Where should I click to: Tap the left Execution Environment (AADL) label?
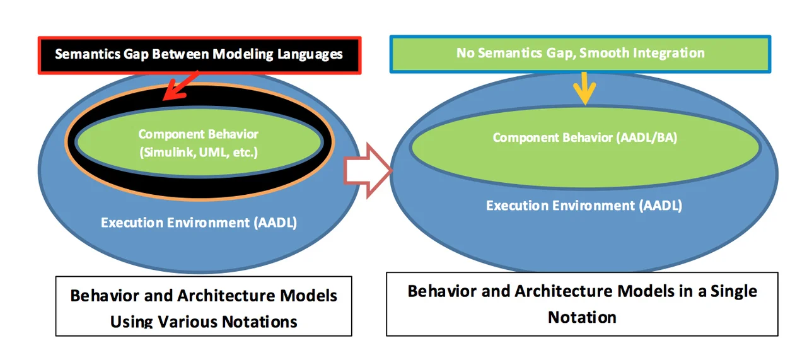(199, 222)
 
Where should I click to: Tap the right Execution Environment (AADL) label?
(584, 205)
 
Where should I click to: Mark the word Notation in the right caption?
(582, 316)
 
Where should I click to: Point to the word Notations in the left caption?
(260, 322)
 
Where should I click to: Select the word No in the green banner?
(465, 52)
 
